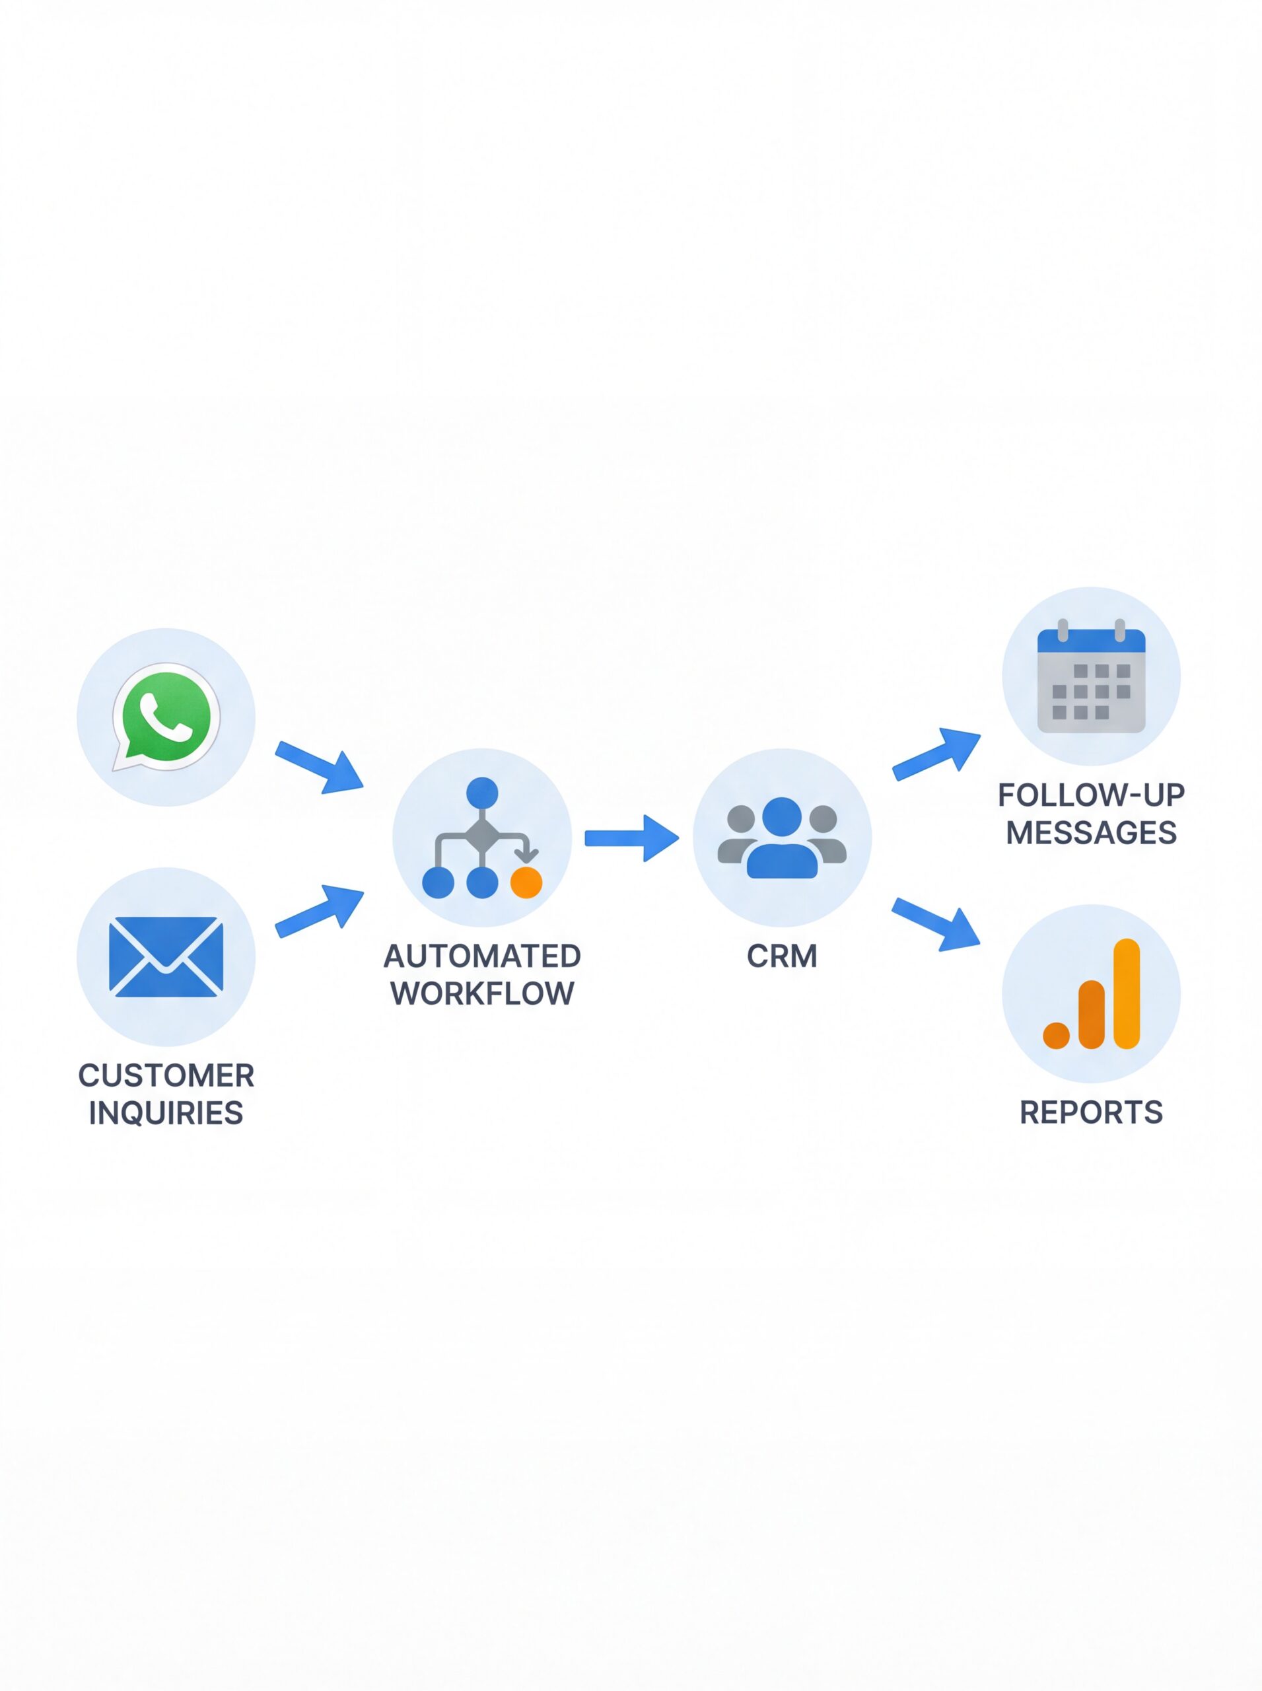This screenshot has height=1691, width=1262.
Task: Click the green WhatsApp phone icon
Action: (166, 716)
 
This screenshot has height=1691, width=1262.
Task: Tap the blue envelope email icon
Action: (166, 956)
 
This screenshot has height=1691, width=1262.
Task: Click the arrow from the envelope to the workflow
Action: (320, 910)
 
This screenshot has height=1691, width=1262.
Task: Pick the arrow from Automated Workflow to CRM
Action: (631, 838)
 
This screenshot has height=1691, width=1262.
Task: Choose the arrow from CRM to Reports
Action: (936, 924)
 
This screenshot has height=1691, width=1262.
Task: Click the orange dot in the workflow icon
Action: (526, 882)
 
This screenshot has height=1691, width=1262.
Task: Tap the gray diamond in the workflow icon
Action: (482, 836)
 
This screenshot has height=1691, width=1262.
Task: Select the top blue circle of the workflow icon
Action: (482, 793)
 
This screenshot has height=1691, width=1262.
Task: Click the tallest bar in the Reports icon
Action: (1127, 993)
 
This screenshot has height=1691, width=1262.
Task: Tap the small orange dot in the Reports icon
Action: (1056, 1035)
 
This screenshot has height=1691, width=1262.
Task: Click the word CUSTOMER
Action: (166, 1076)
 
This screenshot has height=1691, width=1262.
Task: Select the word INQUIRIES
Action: (166, 1113)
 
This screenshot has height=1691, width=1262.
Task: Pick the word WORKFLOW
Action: (482, 993)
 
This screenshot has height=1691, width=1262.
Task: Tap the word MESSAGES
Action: (1091, 832)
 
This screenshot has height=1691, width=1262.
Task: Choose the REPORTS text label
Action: (1091, 1112)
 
